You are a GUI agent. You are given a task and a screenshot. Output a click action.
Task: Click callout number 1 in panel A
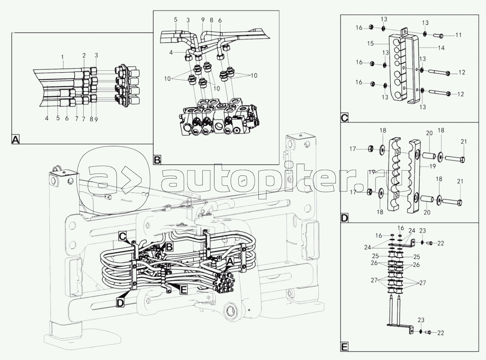pos(63,57)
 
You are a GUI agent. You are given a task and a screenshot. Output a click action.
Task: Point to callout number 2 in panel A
pos(84,56)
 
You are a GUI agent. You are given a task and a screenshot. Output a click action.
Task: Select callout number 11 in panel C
pos(458,35)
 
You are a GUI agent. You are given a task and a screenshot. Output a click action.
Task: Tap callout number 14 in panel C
pos(441,48)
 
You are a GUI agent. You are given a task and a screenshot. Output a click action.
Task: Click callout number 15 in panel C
pos(371,44)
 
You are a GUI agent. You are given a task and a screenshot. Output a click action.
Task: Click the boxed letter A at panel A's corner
pos(16,140)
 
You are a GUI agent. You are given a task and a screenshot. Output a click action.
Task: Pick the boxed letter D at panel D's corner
pos(345,219)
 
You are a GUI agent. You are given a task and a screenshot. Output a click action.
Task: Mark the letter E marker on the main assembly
pos(183,290)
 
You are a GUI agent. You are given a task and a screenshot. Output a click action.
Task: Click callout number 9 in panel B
pos(202,20)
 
